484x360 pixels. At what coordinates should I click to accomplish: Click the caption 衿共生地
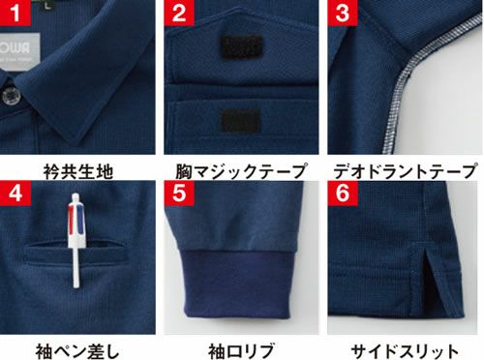click(x=78, y=171)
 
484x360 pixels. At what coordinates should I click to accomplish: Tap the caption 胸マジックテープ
click(x=241, y=171)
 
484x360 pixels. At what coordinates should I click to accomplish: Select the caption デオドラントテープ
click(x=404, y=171)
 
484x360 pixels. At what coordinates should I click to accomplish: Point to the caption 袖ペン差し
click(x=78, y=349)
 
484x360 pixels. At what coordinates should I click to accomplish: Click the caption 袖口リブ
click(x=241, y=349)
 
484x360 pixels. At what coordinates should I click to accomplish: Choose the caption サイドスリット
click(x=404, y=349)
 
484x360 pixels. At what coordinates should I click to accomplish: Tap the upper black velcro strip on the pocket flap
click(x=241, y=47)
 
